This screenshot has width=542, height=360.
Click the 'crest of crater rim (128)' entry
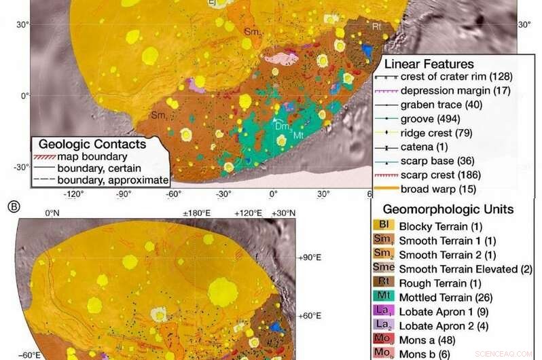(456, 77)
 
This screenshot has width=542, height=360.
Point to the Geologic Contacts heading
(92, 144)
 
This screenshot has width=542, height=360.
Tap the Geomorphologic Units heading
(448, 209)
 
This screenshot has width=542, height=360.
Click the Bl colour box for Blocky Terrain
(384, 226)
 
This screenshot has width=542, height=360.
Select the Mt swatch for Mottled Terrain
(384, 296)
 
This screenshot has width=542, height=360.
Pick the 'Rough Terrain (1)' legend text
(439, 283)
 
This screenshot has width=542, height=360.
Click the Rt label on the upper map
(377, 26)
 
